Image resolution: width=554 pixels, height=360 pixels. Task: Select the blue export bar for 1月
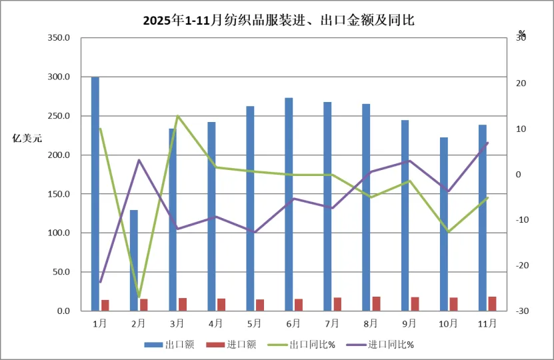click(x=95, y=193)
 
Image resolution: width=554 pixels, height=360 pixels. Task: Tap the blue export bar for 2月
click(x=134, y=260)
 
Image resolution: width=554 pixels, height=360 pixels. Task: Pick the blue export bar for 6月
click(x=289, y=204)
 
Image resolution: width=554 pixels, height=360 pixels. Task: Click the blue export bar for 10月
click(x=444, y=224)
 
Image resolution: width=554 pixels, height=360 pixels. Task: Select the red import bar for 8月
click(x=376, y=303)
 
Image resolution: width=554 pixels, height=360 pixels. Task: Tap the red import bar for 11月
click(x=492, y=303)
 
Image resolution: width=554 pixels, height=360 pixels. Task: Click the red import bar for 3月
click(x=182, y=304)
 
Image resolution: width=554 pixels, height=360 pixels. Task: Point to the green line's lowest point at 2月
click(x=139, y=297)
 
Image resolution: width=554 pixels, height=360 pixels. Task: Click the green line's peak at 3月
click(x=177, y=116)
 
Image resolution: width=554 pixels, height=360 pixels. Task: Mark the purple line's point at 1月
click(x=100, y=282)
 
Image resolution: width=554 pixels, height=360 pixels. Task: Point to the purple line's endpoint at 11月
click(x=487, y=143)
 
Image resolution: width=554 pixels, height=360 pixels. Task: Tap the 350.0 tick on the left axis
click(x=59, y=38)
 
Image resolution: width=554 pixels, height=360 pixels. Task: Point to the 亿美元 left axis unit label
click(x=27, y=139)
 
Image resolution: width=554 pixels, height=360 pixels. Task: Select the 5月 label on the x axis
click(x=255, y=323)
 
